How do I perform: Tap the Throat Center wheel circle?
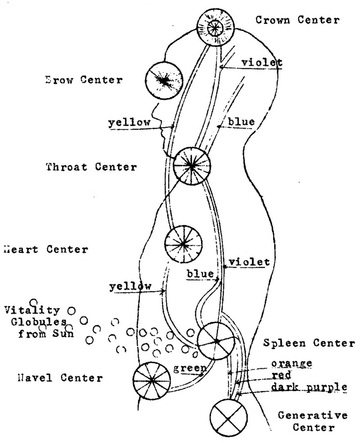pos(192,166)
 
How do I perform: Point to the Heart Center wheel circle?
pos(183,244)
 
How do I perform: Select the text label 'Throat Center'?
pos(91,167)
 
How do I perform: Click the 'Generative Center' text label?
pos(306,420)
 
